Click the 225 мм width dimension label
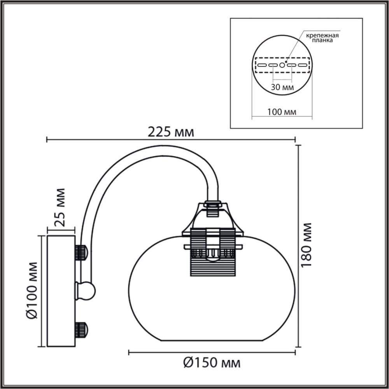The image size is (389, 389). point(170,132)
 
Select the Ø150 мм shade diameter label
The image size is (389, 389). point(212,363)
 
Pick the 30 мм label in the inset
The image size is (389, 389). point(282,87)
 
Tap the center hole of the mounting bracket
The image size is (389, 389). point(282,65)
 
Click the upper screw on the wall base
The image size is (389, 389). point(81,253)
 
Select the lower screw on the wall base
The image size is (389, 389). point(81,330)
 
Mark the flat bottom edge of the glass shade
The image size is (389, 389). point(212,340)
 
